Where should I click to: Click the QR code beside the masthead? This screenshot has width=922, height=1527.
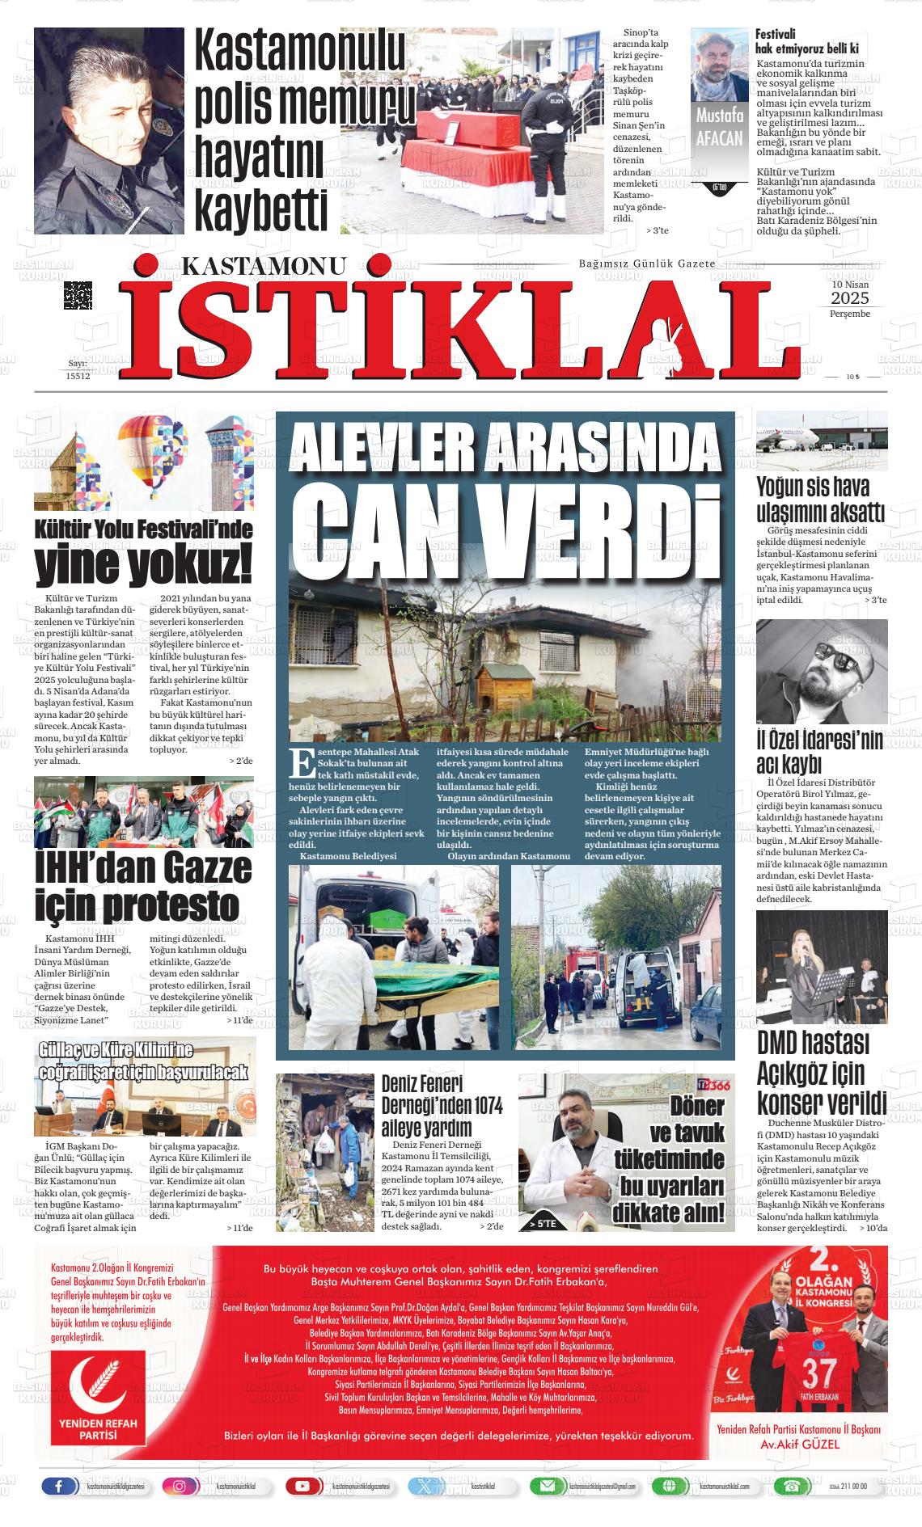(x=78, y=295)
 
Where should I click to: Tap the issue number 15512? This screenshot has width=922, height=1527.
(x=78, y=375)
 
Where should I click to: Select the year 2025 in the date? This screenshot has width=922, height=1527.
(x=849, y=299)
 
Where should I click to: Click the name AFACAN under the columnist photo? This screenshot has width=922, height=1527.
(x=719, y=138)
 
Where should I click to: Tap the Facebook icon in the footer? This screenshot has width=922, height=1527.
(x=59, y=1487)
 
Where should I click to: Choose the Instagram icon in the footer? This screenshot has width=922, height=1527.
(x=180, y=1487)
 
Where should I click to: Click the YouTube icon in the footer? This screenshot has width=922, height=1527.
(x=302, y=1487)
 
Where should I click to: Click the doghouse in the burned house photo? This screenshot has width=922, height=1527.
(x=501, y=684)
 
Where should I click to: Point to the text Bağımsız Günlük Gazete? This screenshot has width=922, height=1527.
(x=647, y=264)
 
